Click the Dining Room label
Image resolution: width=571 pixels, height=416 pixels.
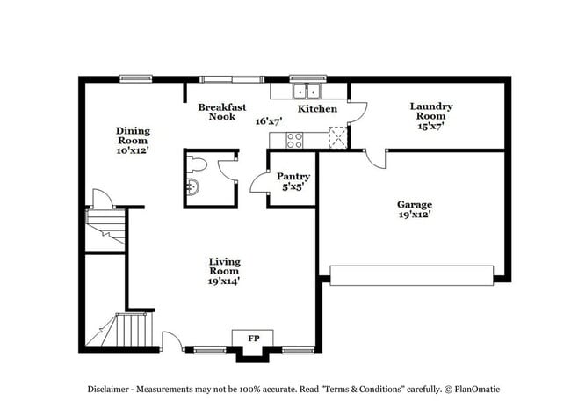tap(132, 135)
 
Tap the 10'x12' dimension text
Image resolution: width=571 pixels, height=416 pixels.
tap(132, 150)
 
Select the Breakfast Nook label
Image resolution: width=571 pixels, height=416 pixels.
tap(215, 111)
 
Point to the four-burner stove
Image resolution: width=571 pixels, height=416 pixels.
tap(294, 139)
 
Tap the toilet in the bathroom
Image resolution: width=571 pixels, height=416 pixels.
tap(198, 164)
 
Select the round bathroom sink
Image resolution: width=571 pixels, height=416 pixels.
tap(193, 185)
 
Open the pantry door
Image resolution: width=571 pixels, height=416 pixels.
tap(258, 182)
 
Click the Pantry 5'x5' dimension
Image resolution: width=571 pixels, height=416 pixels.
tap(293, 187)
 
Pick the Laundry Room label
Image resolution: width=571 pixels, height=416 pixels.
tap(430, 111)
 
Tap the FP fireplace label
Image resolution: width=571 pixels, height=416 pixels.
tap(253, 339)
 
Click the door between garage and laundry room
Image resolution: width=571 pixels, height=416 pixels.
tap(375, 158)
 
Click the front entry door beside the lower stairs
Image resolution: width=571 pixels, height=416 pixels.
tap(172, 341)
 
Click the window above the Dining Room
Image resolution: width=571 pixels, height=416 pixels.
tap(136, 78)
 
